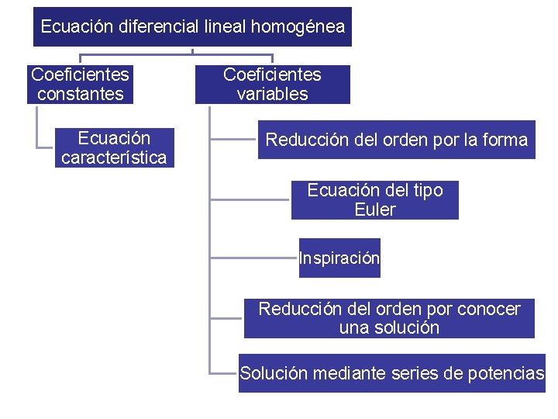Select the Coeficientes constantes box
click(x=80, y=85)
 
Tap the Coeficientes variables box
click(x=272, y=85)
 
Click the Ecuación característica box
click(x=114, y=148)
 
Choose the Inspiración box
click(x=339, y=258)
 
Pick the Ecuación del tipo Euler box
click(x=374, y=200)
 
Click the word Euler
click(x=375, y=209)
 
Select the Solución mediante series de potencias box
click(x=392, y=373)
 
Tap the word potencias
click(x=506, y=374)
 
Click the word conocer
click(x=489, y=309)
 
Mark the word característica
click(x=114, y=158)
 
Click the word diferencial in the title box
click(x=160, y=27)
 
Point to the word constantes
click(x=80, y=95)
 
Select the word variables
click(x=272, y=95)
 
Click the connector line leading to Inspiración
click(x=254, y=256)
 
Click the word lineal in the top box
click(x=222, y=27)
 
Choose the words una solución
click(x=389, y=327)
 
